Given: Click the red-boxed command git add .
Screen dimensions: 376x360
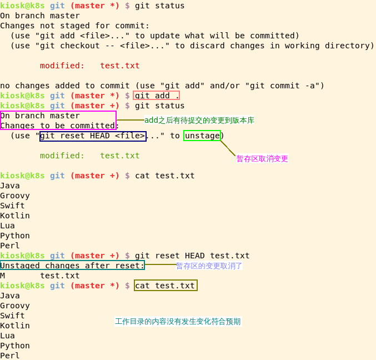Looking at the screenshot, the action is [x=157, y=96].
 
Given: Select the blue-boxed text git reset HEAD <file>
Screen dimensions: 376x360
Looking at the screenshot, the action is [x=93, y=136].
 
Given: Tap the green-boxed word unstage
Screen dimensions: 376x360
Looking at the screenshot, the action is [x=202, y=136].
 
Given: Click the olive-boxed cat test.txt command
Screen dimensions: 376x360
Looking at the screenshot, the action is [x=166, y=286].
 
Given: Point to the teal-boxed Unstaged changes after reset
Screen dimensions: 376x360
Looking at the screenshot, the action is [x=72, y=266].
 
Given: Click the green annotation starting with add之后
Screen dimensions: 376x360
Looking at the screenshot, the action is [x=199, y=120].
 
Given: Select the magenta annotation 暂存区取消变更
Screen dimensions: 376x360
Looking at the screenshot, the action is [x=262, y=158].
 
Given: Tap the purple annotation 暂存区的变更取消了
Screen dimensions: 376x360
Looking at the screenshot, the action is [x=209, y=266].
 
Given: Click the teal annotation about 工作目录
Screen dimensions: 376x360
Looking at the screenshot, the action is [x=178, y=321].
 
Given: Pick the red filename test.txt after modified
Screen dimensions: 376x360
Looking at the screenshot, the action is [x=120, y=66].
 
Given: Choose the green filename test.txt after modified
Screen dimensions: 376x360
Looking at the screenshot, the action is [x=120, y=156].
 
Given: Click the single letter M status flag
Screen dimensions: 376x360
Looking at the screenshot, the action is [x=3, y=276].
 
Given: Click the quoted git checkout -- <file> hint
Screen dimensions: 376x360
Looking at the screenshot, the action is [x=98, y=46].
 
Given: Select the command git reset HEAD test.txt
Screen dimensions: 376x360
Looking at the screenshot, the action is [x=192, y=256].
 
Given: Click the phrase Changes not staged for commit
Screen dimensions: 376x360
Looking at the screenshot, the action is [x=74, y=26].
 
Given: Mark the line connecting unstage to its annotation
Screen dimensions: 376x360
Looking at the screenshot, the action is [x=228, y=148].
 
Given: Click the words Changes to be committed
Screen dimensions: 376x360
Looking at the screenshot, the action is [x=58, y=126].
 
